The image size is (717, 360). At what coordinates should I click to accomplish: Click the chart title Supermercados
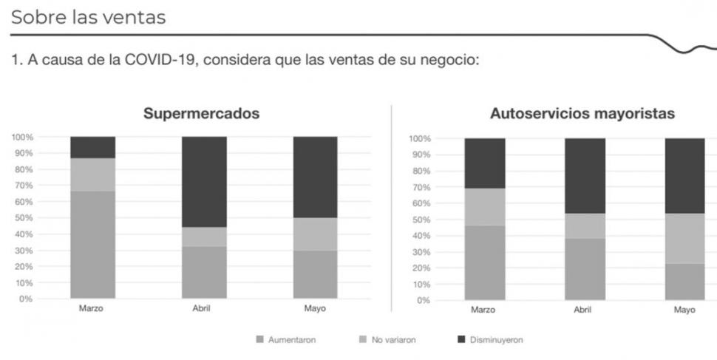tap(201, 115)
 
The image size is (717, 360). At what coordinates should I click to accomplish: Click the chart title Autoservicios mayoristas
tap(582, 115)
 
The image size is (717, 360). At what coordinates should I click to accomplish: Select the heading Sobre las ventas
tap(88, 17)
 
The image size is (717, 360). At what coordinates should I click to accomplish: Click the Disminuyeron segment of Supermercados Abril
tap(204, 181)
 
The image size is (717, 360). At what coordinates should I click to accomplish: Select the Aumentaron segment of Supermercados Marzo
tap(92, 245)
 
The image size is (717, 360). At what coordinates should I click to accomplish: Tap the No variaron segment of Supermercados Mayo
tap(316, 234)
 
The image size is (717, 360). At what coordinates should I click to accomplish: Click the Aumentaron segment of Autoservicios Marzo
tap(484, 262)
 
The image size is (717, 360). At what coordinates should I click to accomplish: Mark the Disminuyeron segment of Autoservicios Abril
tap(585, 175)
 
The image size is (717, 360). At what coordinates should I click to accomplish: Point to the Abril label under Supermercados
tap(200, 308)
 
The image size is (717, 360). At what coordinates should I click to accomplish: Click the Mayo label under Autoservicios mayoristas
tap(684, 310)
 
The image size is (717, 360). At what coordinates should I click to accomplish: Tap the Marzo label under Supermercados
tap(91, 308)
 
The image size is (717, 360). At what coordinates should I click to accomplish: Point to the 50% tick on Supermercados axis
tap(21, 218)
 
